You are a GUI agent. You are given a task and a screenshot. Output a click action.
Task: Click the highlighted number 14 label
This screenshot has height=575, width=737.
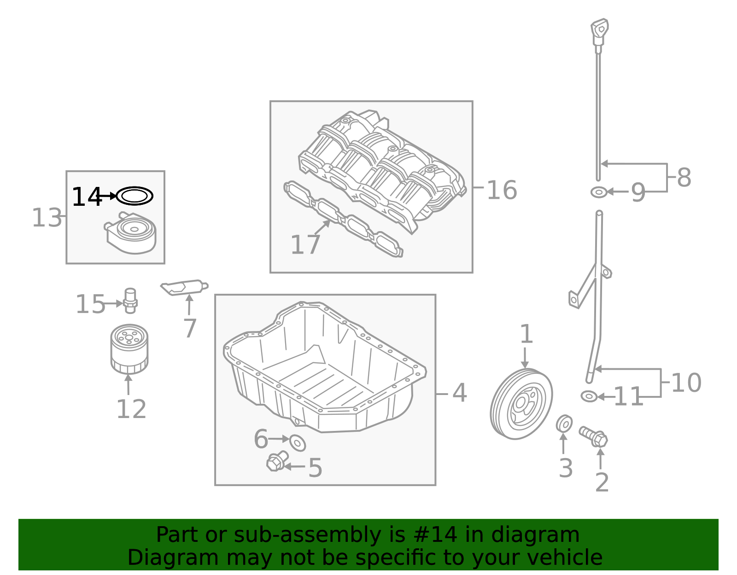click(x=87, y=197)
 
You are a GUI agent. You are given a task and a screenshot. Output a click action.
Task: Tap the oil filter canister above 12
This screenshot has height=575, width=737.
click(x=129, y=349)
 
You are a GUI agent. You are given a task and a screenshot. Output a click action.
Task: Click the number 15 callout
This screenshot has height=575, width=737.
click(x=90, y=304)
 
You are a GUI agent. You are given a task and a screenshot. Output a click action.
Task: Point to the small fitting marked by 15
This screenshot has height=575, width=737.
click(x=130, y=301)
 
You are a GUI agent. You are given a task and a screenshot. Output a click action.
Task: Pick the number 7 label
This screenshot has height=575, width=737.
click(x=190, y=328)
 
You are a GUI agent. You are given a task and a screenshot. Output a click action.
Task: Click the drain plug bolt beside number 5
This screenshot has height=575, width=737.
click(x=277, y=461)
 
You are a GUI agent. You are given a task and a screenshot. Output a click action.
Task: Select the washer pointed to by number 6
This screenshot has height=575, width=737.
click(x=298, y=442)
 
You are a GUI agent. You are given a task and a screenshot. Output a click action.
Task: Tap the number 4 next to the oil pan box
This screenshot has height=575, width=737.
click(x=460, y=393)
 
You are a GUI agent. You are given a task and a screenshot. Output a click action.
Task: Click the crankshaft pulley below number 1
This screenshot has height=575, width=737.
click(x=521, y=404)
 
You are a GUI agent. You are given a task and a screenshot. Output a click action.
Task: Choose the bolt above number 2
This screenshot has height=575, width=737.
click(x=594, y=436)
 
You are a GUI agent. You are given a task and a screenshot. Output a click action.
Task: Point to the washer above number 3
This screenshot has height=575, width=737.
click(x=564, y=424)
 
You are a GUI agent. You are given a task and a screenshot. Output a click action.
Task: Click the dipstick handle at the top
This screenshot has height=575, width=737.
click(x=600, y=32)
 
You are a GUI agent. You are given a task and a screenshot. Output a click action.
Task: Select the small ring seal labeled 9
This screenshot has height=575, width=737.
click(x=599, y=192)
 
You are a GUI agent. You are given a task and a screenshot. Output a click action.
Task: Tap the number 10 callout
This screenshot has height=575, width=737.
click(x=686, y=383)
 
